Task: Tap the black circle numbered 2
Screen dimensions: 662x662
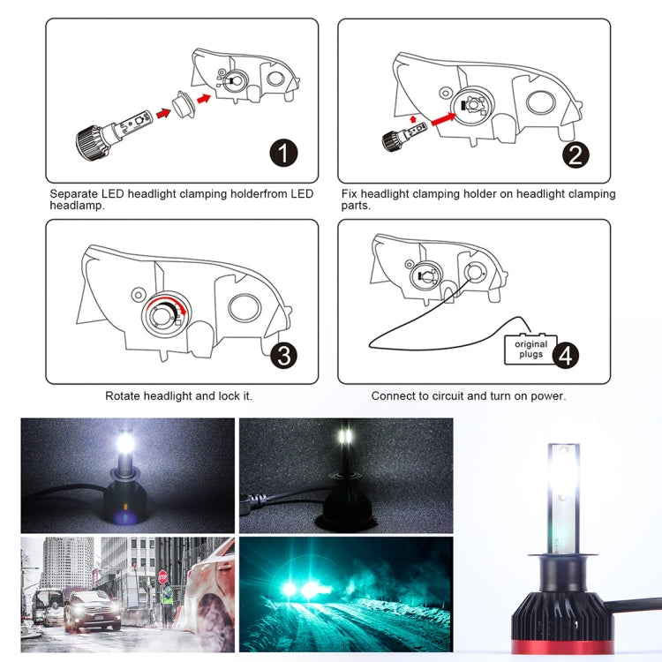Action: (575, 155)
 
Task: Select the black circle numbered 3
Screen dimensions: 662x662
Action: (283, 356)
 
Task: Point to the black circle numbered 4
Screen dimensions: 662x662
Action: (566, 355)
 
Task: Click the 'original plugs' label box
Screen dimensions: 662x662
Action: (530, 349)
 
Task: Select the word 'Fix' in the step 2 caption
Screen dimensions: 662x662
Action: (350, 193)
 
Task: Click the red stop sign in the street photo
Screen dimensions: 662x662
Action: (162, 576)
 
